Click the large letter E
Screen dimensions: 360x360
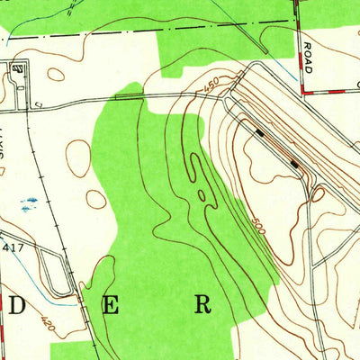click(110, 305)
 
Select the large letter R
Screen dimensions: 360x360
click(203, 304)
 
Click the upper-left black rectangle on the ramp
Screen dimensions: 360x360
click(260, 132)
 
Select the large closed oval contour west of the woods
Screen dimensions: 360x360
click(78, 157)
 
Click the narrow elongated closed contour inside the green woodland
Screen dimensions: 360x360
click(202, 180)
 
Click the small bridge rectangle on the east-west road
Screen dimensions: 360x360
click(129, 94)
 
